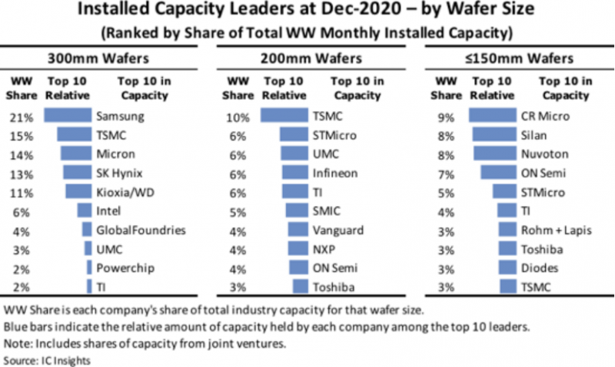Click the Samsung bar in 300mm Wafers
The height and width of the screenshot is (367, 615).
[68, 116]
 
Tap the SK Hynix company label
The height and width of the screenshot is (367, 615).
[121, 173]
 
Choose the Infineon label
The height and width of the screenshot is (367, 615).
[335, 173]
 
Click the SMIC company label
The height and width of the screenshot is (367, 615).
[328, 210]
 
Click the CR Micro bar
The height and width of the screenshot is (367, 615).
[493, 116]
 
